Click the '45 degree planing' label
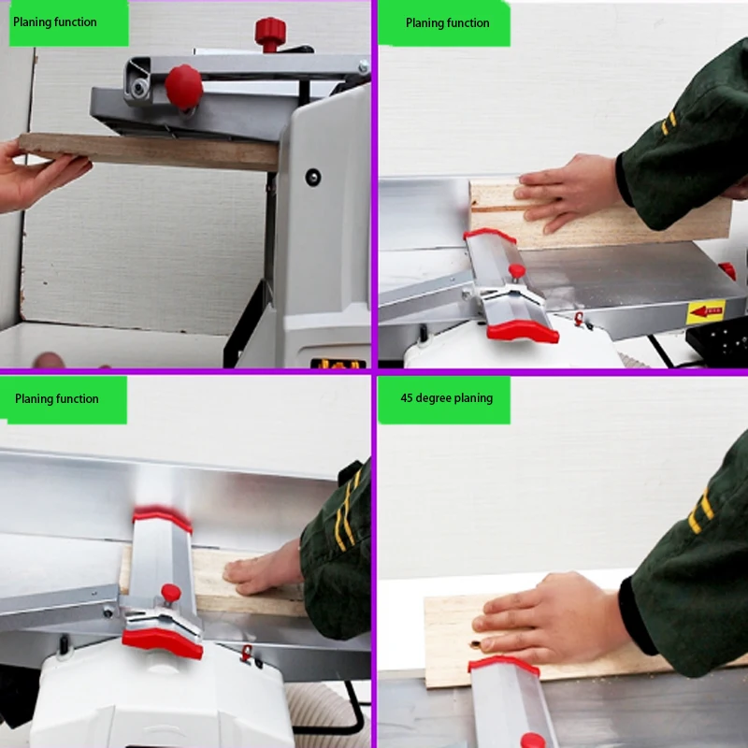447,398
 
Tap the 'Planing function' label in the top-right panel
448,22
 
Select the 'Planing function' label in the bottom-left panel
57,399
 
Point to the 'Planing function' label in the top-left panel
55,22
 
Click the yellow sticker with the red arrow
706,311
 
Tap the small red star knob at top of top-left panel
270,34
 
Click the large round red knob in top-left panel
183,87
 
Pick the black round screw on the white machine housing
313,178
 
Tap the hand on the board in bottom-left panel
264,568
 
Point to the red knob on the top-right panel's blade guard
517,271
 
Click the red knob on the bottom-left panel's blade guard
171,593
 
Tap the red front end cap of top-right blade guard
523,331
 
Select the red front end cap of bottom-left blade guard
163,642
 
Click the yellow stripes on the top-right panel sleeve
669,122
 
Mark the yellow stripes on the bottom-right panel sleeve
700,511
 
